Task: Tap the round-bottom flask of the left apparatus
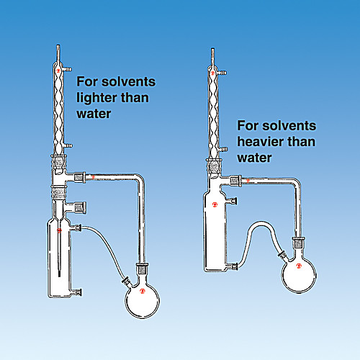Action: pos(142,300)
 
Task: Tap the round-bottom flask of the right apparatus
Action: pos(299,275)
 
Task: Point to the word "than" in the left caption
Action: pos(135,98)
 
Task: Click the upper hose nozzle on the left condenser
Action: pos(68,70)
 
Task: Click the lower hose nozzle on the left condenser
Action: pos(68,145)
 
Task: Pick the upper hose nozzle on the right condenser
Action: pos(222,73)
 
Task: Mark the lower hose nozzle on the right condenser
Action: pos(223,150)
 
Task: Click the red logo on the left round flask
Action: pos(143,291)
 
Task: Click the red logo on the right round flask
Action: pos(299,266)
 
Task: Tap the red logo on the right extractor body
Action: pos(215,204)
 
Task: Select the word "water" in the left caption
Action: pos(94,114)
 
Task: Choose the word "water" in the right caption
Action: pos(254,158)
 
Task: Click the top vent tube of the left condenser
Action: pos(58,53)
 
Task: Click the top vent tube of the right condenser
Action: pos(212,57)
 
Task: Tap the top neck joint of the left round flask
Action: pos(142,269)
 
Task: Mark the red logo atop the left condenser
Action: pos(58,71)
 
